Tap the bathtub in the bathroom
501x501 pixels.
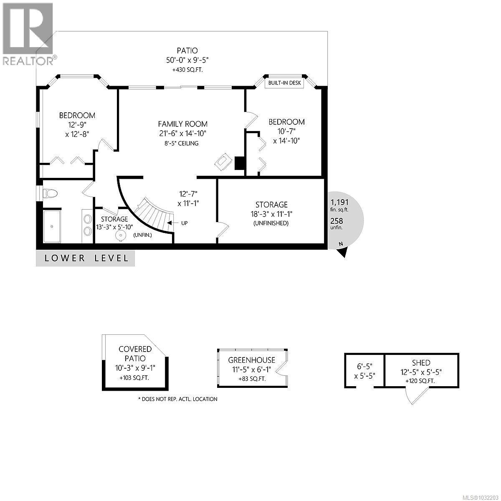coord(52,226)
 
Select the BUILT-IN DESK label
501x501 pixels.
coord(285,83)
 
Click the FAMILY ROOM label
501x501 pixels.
coord(182,124)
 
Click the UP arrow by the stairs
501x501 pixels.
coord(171,223)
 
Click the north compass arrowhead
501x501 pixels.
coord(343,252)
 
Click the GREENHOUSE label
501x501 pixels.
coord(251,360)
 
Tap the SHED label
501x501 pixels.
coord(420,363)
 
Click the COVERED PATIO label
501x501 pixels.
coord(135,353)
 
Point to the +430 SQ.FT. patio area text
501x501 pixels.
coord(186,70)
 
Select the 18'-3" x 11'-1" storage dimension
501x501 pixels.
coord(271,214)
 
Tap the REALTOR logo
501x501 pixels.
coord(28,33)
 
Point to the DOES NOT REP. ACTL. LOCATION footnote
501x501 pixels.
coord(177,399)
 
